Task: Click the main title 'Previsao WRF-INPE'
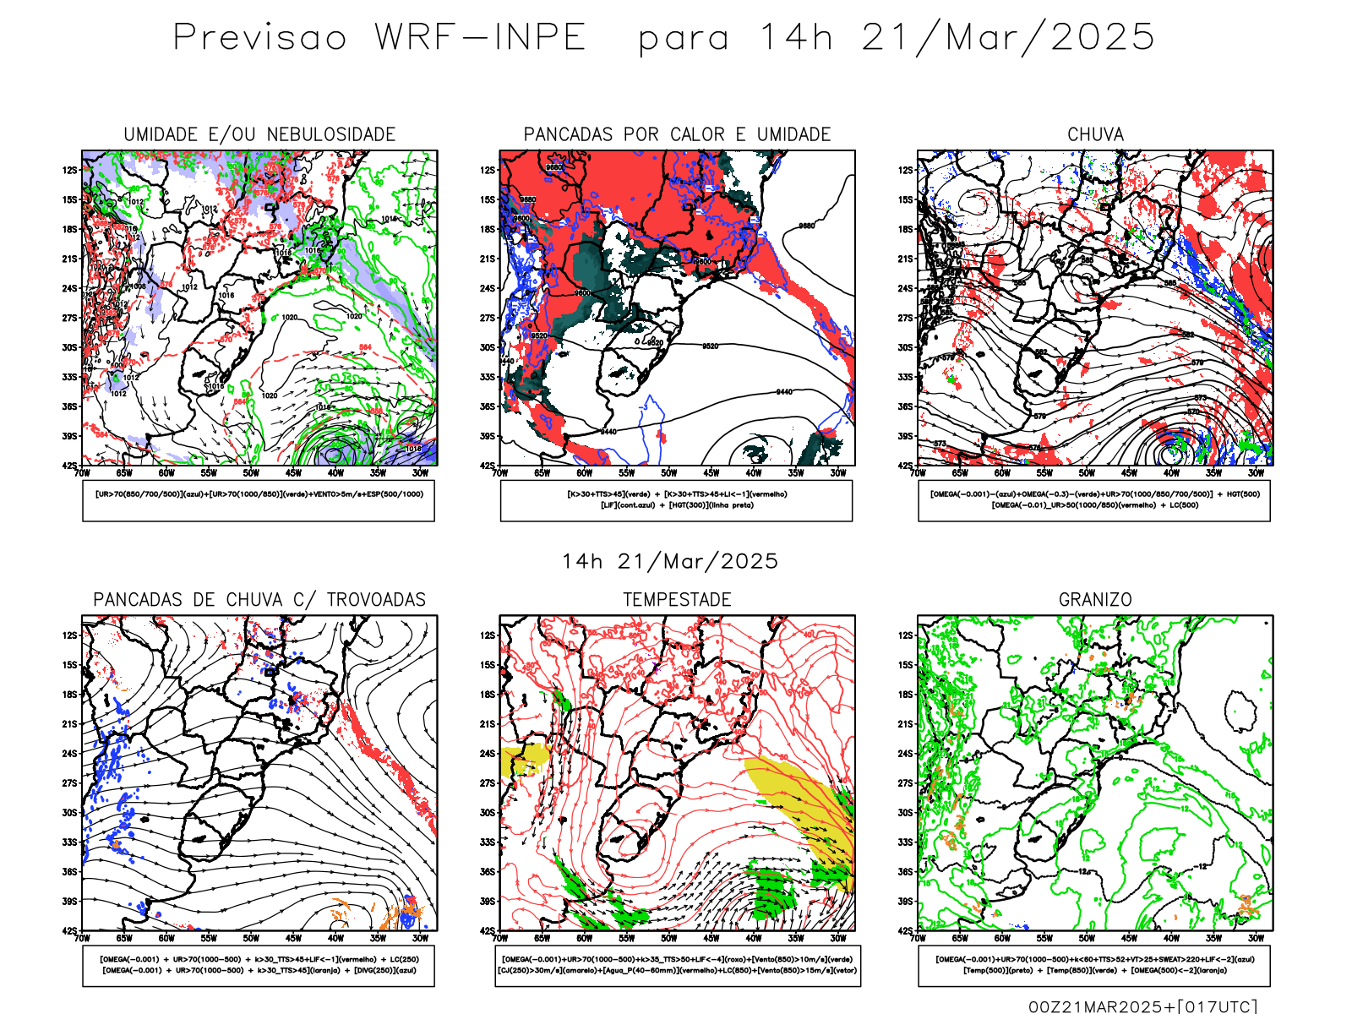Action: click(379, 38)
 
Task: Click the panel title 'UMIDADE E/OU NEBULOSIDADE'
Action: click(259, 134)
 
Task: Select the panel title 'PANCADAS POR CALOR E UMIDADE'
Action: click(677, 134)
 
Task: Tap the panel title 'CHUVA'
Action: click(1095, 134)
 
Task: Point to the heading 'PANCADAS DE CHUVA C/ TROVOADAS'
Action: click(259, 600)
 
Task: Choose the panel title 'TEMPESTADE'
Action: click(677, 600)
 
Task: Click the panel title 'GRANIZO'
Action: click(1095, 600)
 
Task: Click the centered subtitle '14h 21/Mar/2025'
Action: click(670, 561)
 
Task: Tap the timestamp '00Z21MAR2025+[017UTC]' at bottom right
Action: click(1142, 1006)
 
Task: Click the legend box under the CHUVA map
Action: click(1094, 500)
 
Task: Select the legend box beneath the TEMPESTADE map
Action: click(678, 965)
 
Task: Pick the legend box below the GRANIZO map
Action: click(1094, 965)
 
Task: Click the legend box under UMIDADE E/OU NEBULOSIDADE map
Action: click(259, 500)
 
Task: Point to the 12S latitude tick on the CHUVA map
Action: click(906, 170)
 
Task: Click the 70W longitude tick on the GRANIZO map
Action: click(919, 938)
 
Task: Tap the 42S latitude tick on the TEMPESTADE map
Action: click(488, 930)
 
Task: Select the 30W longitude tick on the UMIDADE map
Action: click(420, 473)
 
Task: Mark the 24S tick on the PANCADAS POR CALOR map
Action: click(488, 288)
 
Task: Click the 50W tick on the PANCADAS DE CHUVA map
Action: click(251, 938)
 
